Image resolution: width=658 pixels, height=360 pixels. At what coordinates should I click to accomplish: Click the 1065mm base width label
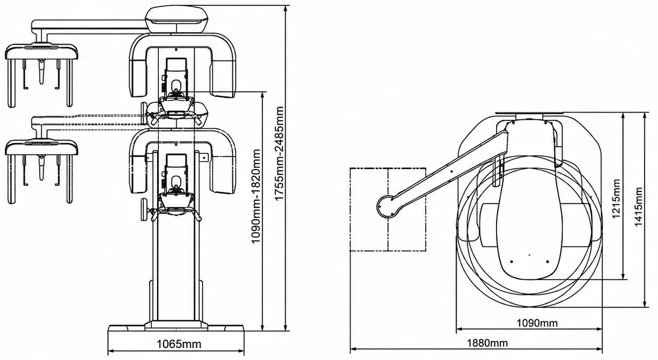(179, 344)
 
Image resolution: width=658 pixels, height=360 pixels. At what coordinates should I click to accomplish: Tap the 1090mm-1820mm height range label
(256, 196)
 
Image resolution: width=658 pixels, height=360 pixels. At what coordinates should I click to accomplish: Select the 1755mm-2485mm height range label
(279, 153)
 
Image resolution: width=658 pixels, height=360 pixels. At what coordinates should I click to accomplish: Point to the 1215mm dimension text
(616, 199)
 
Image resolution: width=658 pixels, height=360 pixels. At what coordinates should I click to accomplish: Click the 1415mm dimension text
(639, 207)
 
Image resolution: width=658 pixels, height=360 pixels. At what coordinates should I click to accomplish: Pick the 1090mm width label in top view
(537, 323)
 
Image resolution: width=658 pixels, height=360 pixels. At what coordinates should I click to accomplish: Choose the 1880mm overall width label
(487, 343)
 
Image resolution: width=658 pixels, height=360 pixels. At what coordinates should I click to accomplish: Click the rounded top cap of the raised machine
(177, 19)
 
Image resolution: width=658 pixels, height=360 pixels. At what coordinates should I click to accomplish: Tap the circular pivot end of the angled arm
(388, 207)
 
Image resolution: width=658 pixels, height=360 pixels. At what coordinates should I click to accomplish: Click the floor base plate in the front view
(176, 328)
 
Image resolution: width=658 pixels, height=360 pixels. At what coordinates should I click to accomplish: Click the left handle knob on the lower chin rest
(144, 209)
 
